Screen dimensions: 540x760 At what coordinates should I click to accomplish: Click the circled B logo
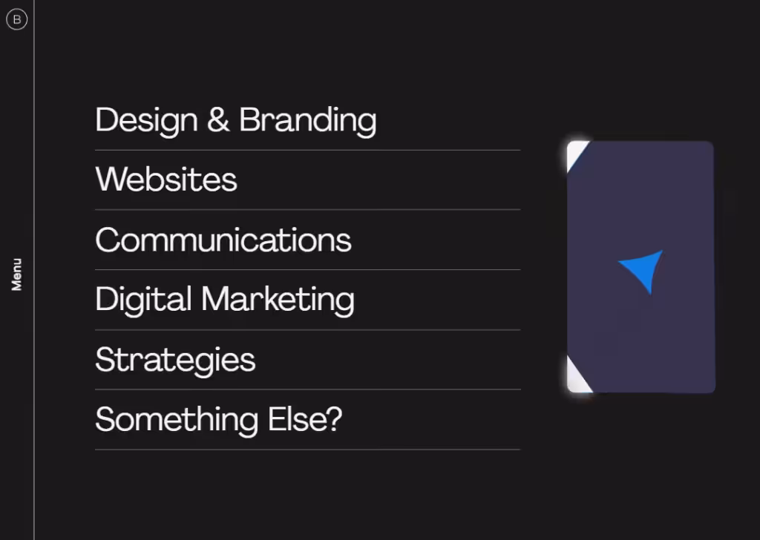tap(16, 19)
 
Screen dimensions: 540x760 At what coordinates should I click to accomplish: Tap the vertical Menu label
tap(16, 274)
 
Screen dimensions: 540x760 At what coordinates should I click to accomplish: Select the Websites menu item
tap(166, 180)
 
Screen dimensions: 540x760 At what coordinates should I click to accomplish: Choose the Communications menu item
tap(223, 240)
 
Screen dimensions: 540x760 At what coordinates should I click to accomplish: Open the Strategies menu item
tap(175, 360)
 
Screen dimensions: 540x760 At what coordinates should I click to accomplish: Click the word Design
tap(146, 120)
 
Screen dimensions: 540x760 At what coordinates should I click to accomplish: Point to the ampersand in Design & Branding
tap(218, 119)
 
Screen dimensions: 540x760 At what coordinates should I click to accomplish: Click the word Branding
tap(307, 120)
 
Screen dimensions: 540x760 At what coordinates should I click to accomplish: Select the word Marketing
tap(278, 300)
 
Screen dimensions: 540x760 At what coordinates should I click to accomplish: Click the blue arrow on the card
tap(643, 270)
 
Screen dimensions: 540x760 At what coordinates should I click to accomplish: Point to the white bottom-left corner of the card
tap(577, 377)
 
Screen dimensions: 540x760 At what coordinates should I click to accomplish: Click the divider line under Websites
tap(307, 210)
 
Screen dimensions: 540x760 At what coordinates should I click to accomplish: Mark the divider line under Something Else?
tap(307, 450)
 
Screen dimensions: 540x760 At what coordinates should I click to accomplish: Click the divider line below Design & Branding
tap(307, 151)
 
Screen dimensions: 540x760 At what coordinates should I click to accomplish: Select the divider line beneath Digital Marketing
tap(307, 330)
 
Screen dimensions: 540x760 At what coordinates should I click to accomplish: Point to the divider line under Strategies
tap(307, 389)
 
